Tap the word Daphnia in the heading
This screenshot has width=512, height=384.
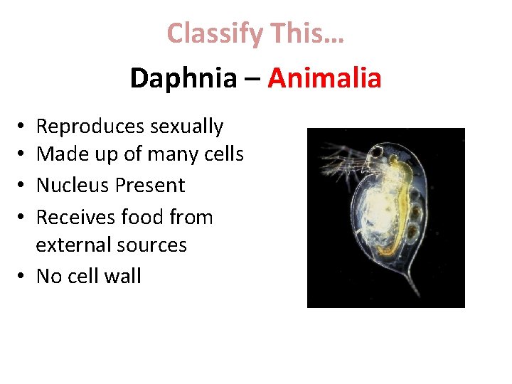click(x=183, y=78)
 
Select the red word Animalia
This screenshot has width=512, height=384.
click(x=324, y=78)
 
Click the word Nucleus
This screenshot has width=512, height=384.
click(x=67, y=186)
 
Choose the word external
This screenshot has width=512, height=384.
click(x=70, y=245)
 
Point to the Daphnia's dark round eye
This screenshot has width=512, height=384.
click(x=375, y=152)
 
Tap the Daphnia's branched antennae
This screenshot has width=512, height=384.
click(x=341, y=164)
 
